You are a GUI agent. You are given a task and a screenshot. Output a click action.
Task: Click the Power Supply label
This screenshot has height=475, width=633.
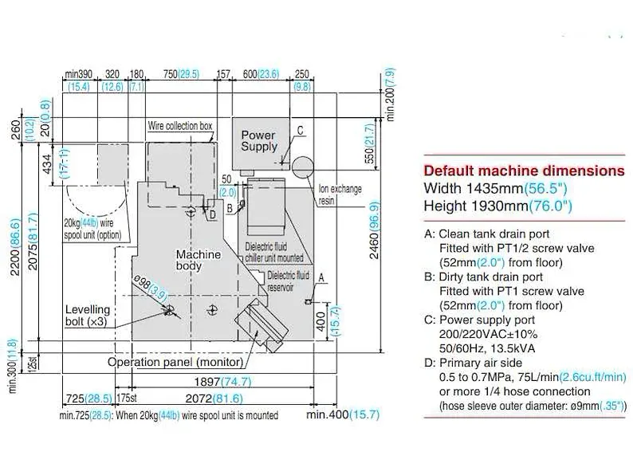(x=259, y=141)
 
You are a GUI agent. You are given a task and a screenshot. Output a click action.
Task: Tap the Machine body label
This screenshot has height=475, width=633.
(x=199, y=260)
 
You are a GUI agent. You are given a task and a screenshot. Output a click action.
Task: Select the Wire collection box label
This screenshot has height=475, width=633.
(x=179, y=126)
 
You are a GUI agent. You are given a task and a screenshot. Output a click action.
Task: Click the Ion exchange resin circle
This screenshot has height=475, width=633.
(x=302, y=168)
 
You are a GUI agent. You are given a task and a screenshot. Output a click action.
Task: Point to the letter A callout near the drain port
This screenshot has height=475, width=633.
(x=321, y=277)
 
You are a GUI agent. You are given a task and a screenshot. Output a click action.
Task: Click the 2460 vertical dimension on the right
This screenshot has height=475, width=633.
(x=375, y=230)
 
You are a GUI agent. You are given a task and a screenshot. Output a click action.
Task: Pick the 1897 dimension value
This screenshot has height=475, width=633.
(x=207, y=382)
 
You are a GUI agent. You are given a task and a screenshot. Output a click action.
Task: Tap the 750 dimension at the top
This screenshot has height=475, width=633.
(x=171, y=74)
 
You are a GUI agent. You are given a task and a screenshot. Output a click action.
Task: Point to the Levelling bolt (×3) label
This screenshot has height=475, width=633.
(x=88, y=316)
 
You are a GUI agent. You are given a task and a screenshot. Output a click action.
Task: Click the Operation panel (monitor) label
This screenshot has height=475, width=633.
(x=175, y=362)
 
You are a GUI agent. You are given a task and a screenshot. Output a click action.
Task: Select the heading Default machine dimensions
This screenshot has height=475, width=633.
(x=524, y=171)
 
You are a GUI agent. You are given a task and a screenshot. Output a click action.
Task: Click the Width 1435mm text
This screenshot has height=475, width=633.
(x=474, y=188)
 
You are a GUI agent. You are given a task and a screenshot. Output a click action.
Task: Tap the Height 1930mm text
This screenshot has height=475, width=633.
(x=476, y=206)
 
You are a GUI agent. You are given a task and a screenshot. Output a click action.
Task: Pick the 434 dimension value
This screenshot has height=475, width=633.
(x=47, y=164)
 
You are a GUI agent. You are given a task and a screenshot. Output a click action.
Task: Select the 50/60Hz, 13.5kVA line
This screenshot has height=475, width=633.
(x=487, y=348)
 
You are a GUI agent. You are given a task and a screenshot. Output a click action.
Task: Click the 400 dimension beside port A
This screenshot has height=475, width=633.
(x=321, y=322)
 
